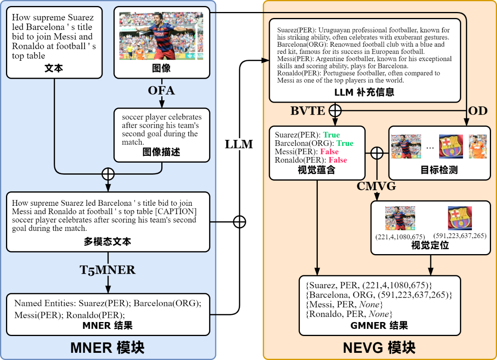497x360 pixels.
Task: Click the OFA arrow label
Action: (161, 91)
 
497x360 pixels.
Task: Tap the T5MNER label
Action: (108, 270)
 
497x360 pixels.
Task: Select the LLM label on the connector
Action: (239, 144)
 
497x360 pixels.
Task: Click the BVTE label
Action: (307, 111)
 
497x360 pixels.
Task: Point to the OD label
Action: (478, 111)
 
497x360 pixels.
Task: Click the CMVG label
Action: (376, 186)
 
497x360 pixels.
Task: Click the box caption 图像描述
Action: (161, 152)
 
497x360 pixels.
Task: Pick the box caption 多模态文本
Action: (107, 242)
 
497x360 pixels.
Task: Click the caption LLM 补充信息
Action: (364, 92)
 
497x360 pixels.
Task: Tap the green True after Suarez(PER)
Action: (331, 135)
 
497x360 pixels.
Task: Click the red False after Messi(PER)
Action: (329, 152)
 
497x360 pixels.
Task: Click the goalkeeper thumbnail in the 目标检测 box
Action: (477, 146)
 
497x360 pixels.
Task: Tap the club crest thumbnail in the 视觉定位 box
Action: (460, 218)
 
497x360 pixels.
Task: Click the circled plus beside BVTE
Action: (335, 111)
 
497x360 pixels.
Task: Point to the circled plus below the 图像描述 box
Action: (108, 174)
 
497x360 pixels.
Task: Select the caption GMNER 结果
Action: (379, 325)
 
